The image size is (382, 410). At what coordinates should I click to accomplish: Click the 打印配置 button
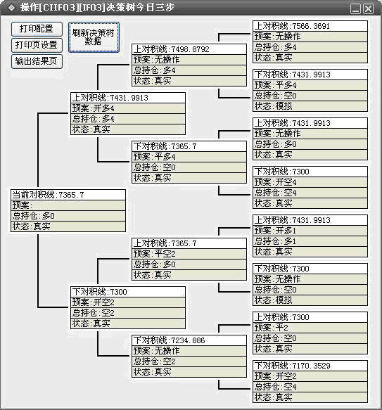click(x=37, y=29)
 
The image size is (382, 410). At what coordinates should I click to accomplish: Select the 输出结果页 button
click(x=37, y=61)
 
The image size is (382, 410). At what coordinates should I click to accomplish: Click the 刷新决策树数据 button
click(x=94, y=37)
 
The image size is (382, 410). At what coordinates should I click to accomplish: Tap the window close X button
click(x=369, y=8)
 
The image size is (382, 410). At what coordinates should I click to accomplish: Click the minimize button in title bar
click(x=355, y=8)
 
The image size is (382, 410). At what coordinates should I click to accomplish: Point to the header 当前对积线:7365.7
click(x=68, y=195)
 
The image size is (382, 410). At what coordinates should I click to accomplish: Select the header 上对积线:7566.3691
click(x=310, y=26)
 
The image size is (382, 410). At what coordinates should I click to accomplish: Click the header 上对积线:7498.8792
click(x=189, y=49)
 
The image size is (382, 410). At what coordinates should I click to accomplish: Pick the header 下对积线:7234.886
click(x=189, y=340)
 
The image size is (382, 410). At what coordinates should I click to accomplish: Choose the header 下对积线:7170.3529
click(x=310, y=366)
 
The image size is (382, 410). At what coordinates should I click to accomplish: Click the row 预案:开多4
click(x=128, y=108)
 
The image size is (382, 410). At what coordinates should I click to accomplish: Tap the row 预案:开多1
click(x=310, y=231)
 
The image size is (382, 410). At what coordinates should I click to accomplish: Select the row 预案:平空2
click(x=189, y=254)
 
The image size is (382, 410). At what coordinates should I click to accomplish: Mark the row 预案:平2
click(x=310, y=328)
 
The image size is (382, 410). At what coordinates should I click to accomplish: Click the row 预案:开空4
click(x=310, y=182)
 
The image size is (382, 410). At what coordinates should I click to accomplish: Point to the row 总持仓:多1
click(x=310, y=241)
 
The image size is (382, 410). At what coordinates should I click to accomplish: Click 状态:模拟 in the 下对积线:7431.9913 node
click(x=310, y=106)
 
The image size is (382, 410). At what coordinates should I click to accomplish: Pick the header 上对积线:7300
click(x=310, y=317)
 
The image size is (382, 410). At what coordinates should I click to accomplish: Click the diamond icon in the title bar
click(x=11, y=8)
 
